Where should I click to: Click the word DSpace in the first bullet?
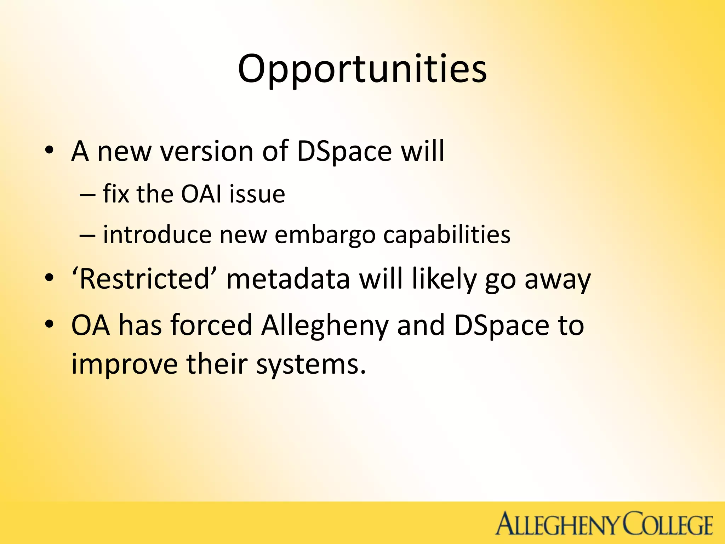coord(344,152)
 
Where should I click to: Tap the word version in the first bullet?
coord(206,152)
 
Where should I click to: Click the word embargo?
coord(325,235)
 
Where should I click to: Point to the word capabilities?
coord(447,235)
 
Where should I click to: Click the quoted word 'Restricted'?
coord(145,279)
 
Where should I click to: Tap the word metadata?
coord(288,279)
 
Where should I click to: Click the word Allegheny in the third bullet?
coord(325,325)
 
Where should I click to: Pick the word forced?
coord(211,325)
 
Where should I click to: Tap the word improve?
coord(124,365)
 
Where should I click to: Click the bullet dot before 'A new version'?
coord(49,152)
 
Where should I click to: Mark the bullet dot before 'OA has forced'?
coord(49,324)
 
